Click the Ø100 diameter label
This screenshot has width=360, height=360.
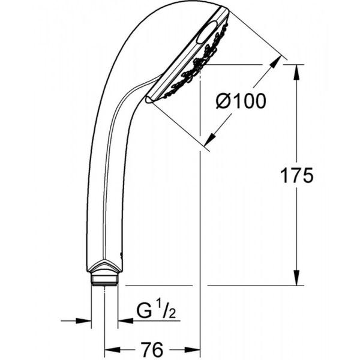tap(241, 101)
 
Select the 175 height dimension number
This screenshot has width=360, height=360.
tap(296, 175)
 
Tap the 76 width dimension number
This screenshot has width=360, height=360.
tap(152, 349)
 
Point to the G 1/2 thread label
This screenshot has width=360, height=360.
tap(156, 310)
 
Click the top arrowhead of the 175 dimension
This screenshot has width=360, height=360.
tap(297, 73)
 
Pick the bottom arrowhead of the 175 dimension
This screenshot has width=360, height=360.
tap(297, 278)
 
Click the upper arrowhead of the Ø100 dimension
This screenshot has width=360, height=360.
tap(275, 62)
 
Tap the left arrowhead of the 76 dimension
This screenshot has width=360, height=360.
tap(113, 350)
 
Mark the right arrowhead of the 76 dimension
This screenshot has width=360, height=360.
tap(193, 350)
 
